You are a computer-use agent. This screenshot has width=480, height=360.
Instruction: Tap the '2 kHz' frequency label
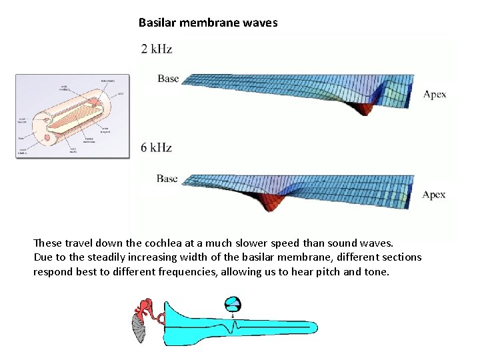tap(157, 49)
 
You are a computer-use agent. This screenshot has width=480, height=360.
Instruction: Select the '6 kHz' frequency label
tap(157, 147)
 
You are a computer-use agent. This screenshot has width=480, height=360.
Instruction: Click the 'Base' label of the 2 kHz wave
tap(168, 79)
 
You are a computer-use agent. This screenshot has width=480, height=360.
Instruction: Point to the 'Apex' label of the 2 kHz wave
tap(435, 94)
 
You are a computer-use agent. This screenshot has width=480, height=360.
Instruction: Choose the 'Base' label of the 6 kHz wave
tap(167, 179)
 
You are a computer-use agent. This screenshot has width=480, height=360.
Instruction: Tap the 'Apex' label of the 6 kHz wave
tap(434, 195)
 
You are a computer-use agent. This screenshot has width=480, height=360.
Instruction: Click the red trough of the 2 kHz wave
tap(365, 107)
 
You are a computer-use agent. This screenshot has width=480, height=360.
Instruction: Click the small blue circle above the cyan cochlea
tap(233, 304)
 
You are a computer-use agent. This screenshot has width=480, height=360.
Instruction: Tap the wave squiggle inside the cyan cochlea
tap(233, 327)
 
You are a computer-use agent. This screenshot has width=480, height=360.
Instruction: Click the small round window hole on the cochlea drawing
tap(47, 139)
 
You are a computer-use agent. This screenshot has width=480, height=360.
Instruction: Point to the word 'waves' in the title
tap(261, 23)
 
